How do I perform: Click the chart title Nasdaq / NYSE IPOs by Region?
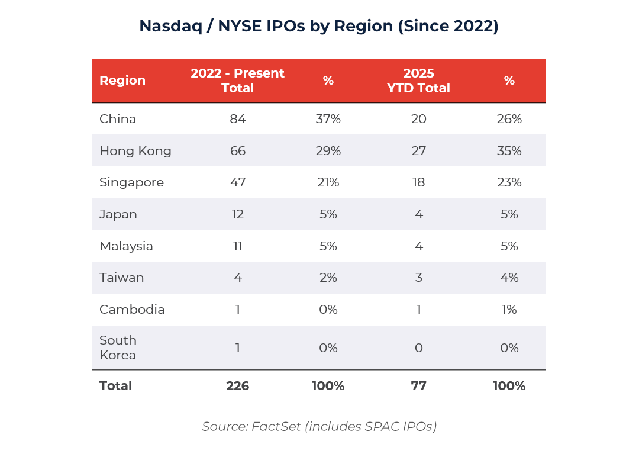319,26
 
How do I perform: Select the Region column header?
122,81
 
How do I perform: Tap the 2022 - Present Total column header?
237,81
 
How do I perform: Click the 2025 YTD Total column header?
418,81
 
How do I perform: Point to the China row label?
118,119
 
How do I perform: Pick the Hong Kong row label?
135,151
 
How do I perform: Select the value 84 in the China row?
237,119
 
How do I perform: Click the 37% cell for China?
328,119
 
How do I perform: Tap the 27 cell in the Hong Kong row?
418,151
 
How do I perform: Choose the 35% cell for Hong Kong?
509,151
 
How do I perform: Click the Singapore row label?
131,182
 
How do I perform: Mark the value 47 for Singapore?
237,182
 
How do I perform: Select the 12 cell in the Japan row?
237,214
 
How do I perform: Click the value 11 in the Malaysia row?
237,246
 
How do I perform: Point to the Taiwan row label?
122,278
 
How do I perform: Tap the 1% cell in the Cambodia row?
509,310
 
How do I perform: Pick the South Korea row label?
118,348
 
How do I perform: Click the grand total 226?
237,386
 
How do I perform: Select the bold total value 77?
418,386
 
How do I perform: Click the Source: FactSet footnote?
319,426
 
